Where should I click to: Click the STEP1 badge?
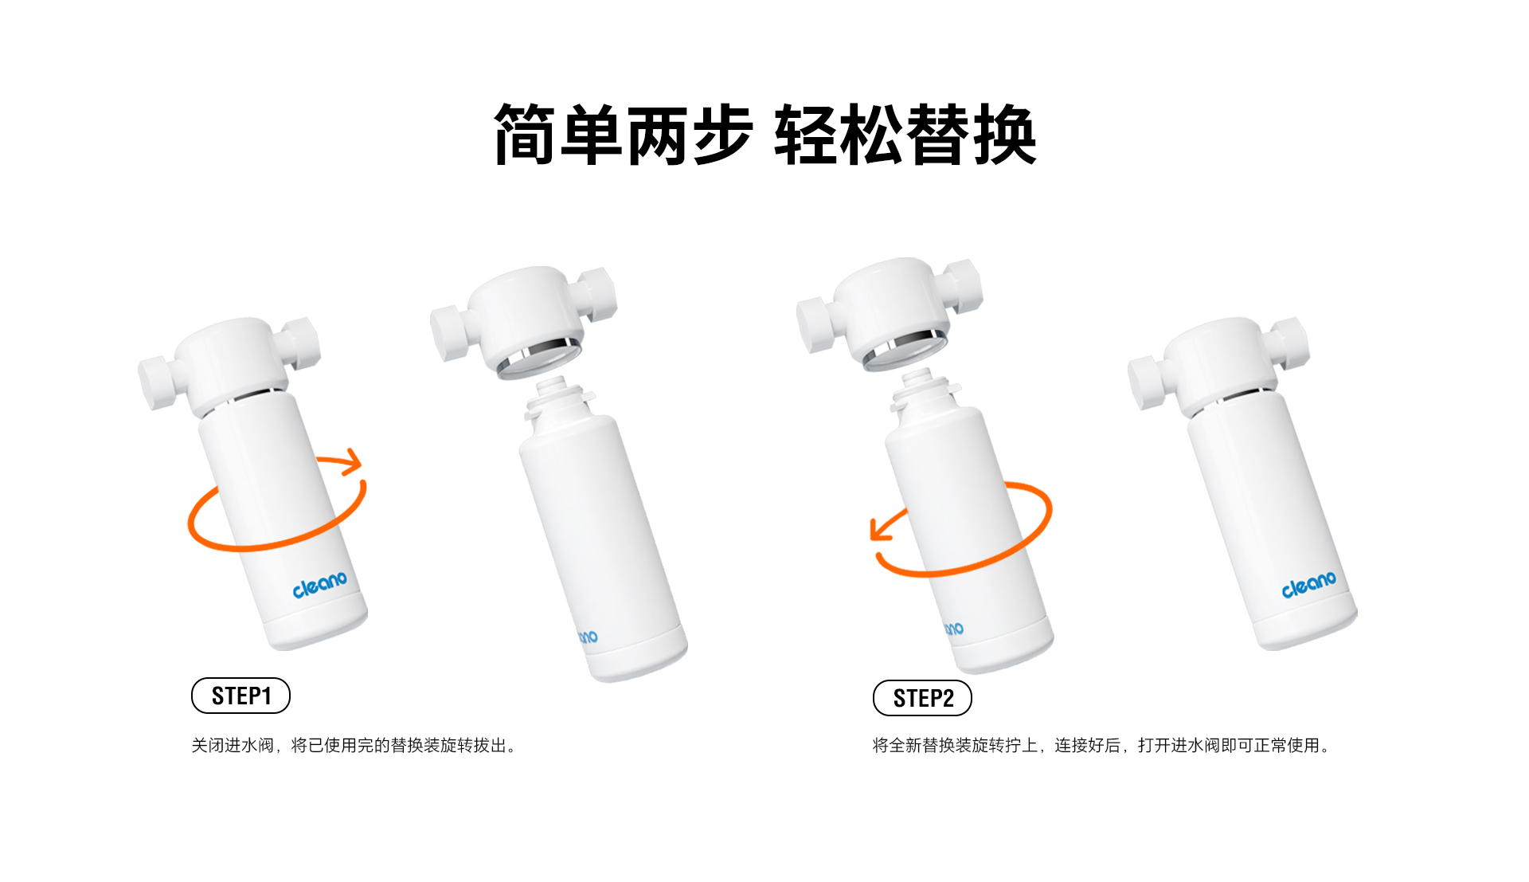coord(240,696)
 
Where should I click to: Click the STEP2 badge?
coord(922,698)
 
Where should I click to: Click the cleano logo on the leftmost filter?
coord(319,584)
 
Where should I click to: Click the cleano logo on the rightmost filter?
coord(1308,584)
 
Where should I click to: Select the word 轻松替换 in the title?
coord(905,135)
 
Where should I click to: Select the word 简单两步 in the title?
coord(623,135)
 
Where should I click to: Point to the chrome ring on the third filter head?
coord(905,351)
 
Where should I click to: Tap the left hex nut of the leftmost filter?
coord(157,383)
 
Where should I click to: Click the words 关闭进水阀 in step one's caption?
coord(233,745)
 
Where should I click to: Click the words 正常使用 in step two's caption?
coord(1287,745)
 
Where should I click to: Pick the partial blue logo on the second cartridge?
coord(588,637)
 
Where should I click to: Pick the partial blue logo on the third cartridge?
coord(954,629)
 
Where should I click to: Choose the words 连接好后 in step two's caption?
coord(1087,745)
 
